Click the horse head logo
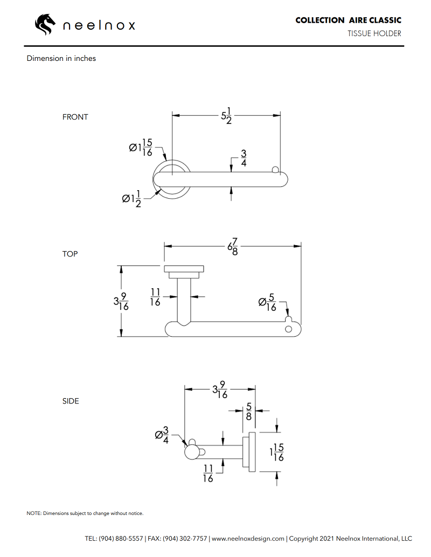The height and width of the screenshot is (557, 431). point(45,24)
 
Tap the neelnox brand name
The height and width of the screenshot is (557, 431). point(99,25)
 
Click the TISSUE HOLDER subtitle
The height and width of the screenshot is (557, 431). point(374,33)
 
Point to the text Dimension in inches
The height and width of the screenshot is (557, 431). point(61,58)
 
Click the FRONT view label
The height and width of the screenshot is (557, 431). point(75,117)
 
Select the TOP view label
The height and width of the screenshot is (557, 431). point(70,254)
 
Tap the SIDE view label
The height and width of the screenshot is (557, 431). point(71,401)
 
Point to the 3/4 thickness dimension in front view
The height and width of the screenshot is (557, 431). point(244,158)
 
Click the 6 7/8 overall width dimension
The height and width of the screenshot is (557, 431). point(233,248)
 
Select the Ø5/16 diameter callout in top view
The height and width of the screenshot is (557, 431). point(268,303)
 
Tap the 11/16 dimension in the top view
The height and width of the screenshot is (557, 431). point(155,297)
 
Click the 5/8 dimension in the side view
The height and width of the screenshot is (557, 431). point(248,412)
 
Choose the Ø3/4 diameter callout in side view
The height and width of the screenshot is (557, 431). point(162,435)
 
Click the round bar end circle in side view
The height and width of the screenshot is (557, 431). point(191,452)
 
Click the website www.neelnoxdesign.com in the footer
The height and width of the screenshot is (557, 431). point(248,538)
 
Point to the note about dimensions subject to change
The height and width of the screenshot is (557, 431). point(85,513)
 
